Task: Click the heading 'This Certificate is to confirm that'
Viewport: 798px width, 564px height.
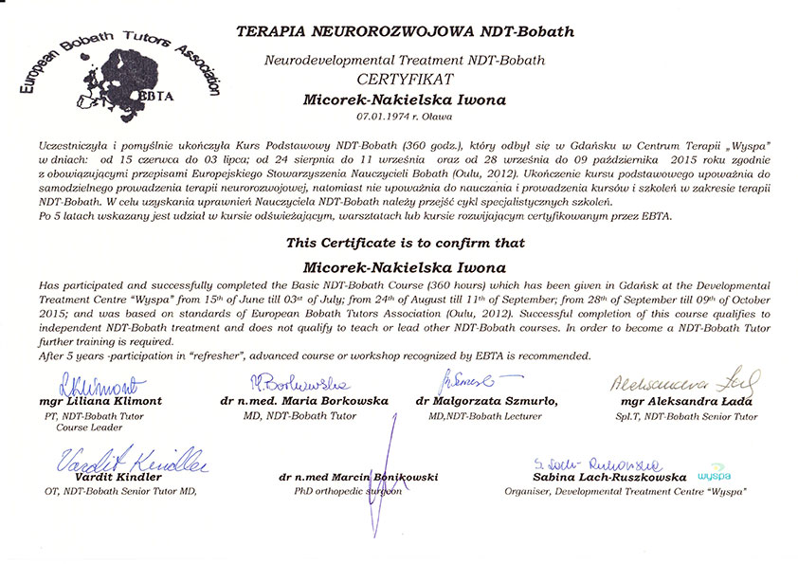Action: pos(405,244)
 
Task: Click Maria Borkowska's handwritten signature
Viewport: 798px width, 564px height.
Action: pos(299,383)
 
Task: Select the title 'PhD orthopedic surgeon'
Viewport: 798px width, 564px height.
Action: pos(349,492)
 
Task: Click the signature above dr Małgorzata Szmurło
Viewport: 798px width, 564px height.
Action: pos(463,381)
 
